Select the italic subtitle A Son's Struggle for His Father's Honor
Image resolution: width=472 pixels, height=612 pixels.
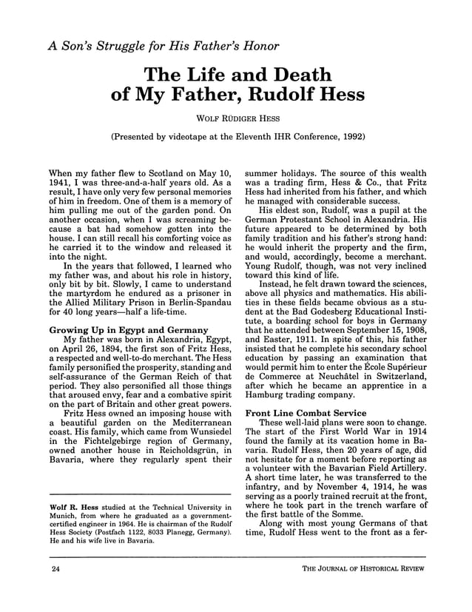pyautogui.click(x=163, y=46)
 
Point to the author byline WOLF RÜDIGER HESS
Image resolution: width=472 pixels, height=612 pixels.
pyautogui.click(x=236, y=118)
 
